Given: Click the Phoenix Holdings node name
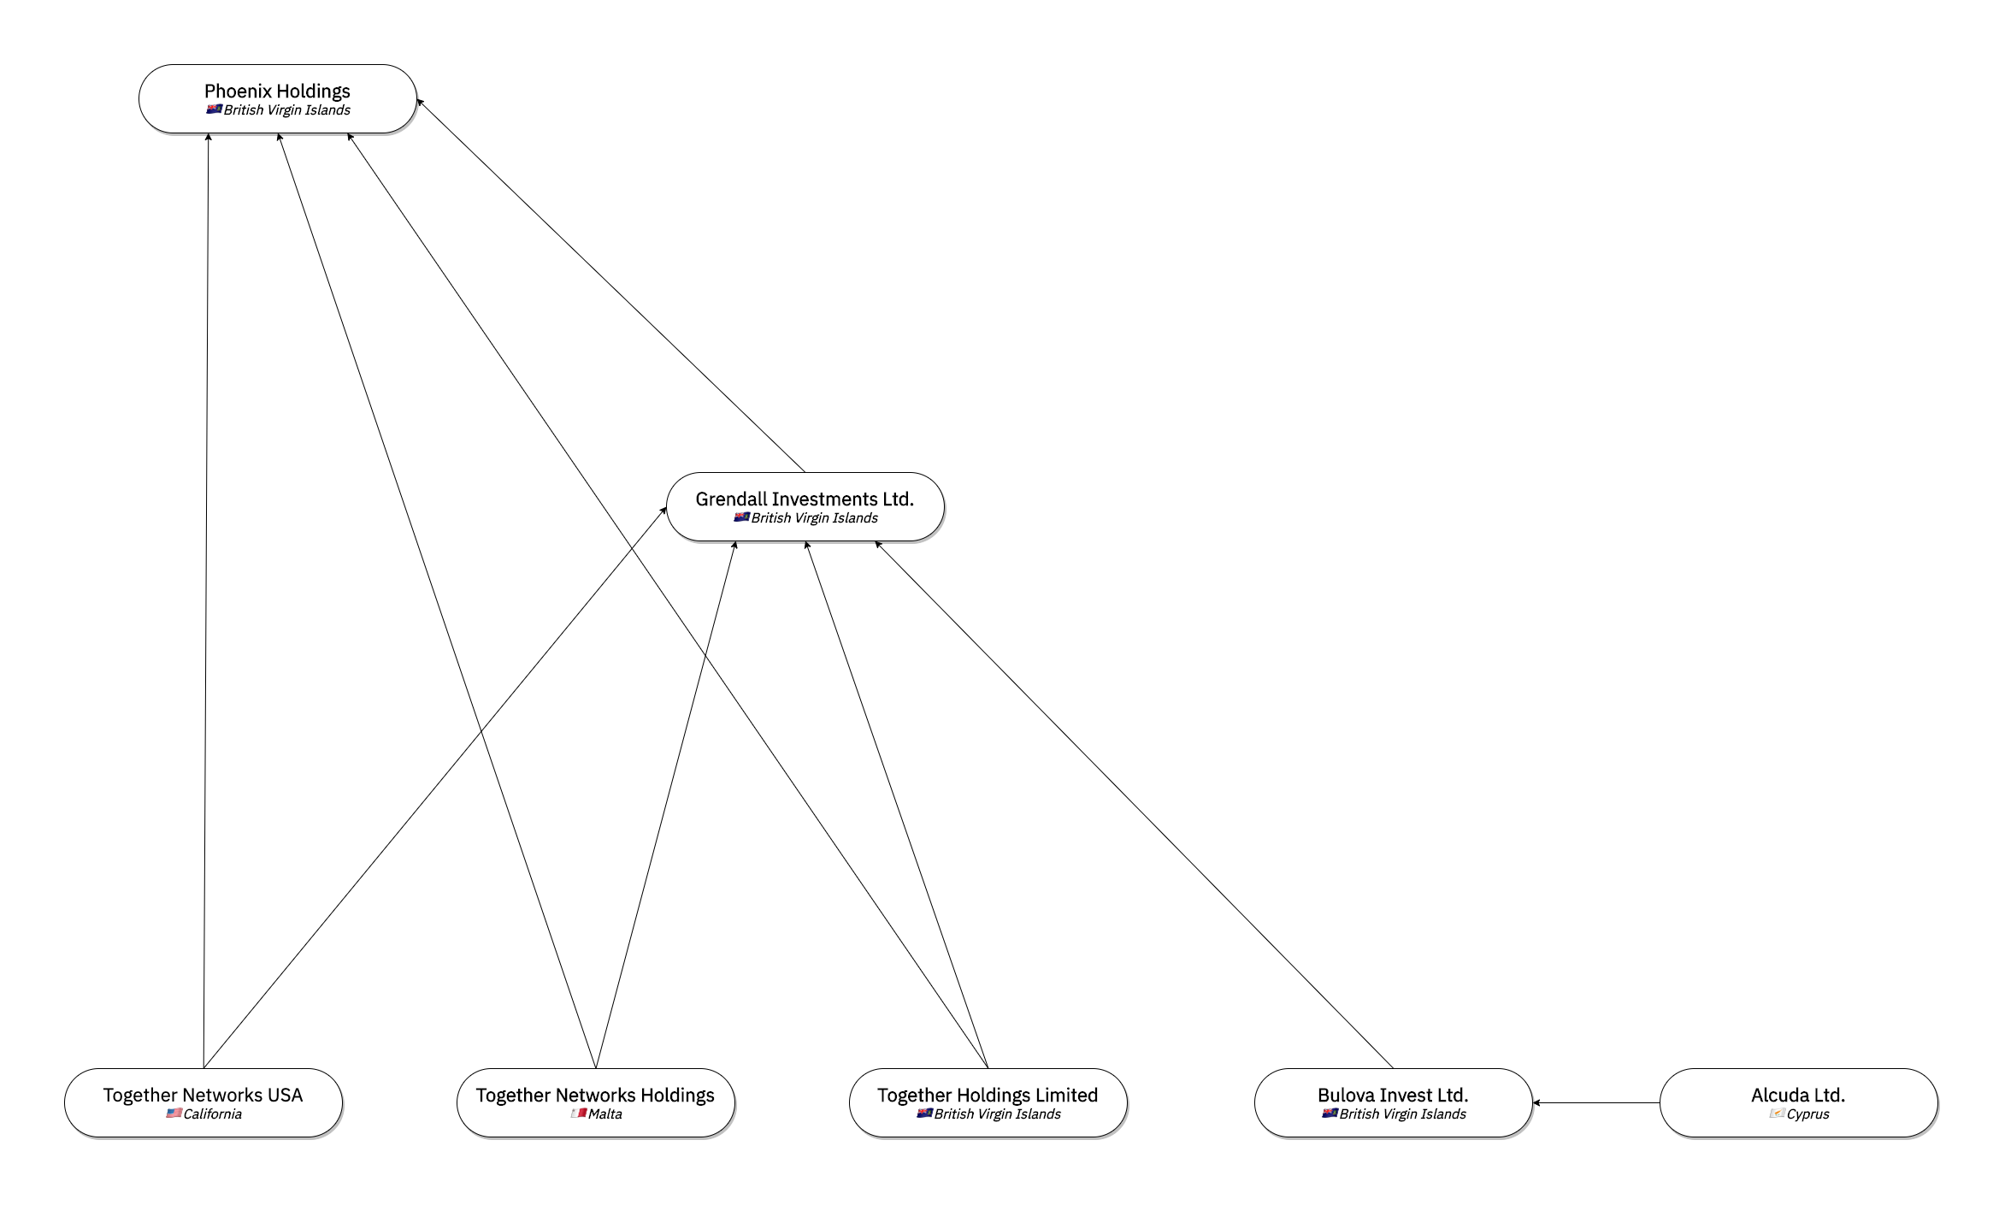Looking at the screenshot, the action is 277,91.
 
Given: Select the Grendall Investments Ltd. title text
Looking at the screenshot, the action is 805,499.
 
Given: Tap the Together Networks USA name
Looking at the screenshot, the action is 203,1095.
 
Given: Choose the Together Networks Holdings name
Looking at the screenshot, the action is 595,1095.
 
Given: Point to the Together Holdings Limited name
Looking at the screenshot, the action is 988,1095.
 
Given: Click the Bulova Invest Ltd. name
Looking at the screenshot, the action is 1393,1095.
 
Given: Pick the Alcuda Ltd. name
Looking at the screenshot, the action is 1798,1095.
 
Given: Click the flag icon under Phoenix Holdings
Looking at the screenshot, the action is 214,109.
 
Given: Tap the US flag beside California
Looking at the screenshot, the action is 174,1113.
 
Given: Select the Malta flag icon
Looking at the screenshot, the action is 579,1113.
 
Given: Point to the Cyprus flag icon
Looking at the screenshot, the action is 1777,1113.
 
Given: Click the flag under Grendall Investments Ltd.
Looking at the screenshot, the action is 741,517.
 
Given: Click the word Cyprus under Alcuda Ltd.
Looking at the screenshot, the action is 1807,1114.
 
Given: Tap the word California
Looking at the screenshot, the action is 212,1114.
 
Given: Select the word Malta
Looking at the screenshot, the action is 605,1114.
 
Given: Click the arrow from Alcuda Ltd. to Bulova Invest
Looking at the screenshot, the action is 1595,1103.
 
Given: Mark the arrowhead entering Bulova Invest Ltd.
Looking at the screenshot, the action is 1536,1103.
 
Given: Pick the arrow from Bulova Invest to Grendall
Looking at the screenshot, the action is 1134,805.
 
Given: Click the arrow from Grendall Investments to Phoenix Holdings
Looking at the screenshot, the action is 610,286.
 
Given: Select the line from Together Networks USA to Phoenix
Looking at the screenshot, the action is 206,601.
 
